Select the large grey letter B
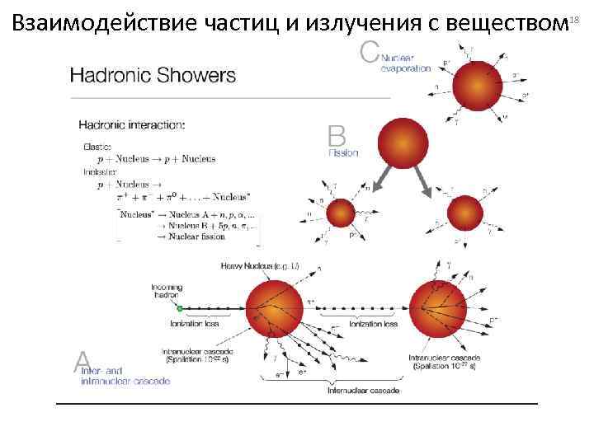(x=336, y=136)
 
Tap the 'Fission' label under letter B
(x=344, y=153)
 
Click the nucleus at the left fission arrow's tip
(x=340, y=215)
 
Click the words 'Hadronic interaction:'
(x=131, y=125)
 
